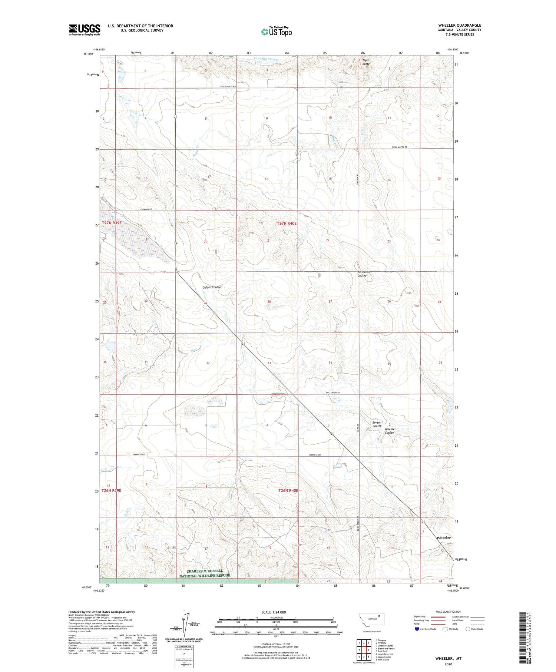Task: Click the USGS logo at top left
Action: [x=85, y=30]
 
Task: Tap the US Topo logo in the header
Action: [x=276, y=32]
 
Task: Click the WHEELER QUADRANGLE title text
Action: [x=460, y=25]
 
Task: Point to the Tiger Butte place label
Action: [x=366, y=62]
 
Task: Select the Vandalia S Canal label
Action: [x=266, y=59]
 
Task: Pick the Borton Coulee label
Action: [x=377, y=424]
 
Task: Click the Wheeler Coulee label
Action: [x=390, y=431]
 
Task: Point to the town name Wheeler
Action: [x=443, y=537]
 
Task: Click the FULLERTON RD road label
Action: [x=332, y=393]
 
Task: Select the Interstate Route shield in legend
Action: [x=417, y=629]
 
